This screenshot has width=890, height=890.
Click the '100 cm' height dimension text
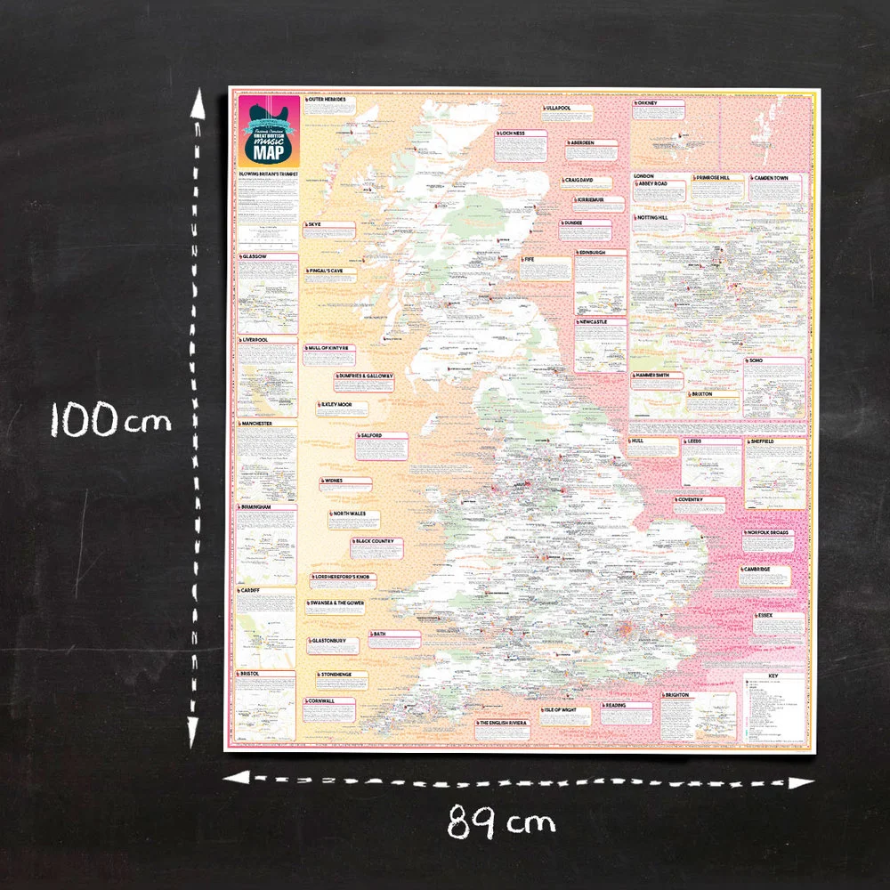point(109,417)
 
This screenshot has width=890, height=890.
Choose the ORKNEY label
point(647,103)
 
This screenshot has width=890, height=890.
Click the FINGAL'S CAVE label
point(332,270)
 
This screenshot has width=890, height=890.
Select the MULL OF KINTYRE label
point(331,347)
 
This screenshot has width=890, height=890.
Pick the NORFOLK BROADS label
point(767,533)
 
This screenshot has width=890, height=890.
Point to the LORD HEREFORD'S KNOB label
point(345,578)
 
